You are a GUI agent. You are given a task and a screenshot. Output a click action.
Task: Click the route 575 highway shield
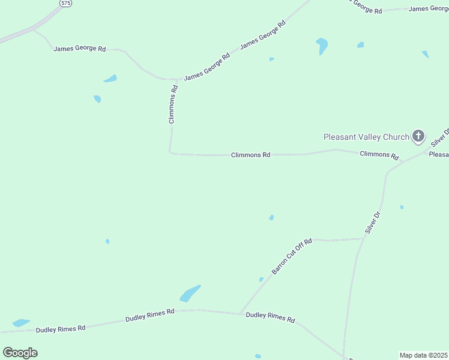pyautogui.click(x=65, y=3)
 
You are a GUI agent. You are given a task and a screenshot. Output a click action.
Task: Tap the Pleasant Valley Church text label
pyautogui.click(x=366, y=137)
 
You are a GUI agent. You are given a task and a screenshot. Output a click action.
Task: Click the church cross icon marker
pyautogui.click(x=418, y=136)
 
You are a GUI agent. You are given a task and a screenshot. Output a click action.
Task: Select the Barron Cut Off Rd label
pyautogui.click(x=292, y=257)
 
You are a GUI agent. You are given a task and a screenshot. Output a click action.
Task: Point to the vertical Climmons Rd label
pyautogui.click(x=173, y=104)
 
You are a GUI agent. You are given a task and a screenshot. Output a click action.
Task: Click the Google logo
pyautogui.click(x=20, y=353)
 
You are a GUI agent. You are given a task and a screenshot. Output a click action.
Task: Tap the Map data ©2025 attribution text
pyautogui.click(x=424, y=355)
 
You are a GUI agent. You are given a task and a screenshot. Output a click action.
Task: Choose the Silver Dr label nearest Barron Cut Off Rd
pyautogui.click(x=373, y=222)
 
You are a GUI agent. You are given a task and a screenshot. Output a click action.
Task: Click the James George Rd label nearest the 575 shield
pyautogui.click(x=79, y=48)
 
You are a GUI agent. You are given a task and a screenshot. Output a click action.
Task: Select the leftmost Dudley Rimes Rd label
pyautogui.click(x=61, y=329)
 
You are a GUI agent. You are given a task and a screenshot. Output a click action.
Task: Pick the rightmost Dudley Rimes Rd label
pyautogui.click(x=271, y=317)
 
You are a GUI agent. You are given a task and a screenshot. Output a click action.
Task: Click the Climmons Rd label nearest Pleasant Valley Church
pyautogui.click(x=379, y=155)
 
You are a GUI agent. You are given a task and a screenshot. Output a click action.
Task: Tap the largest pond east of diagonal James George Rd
pyautogui.click(x=322, y=45)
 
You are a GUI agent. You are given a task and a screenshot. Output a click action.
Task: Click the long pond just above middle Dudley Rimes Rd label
pyautogui.click(x=190, y=294)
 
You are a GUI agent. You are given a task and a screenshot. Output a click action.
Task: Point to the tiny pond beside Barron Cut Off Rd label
pyautogui.click(x=261, y=279)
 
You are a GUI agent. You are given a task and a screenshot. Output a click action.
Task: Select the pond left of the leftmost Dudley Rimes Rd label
pyautogui.click(x=21, y=323)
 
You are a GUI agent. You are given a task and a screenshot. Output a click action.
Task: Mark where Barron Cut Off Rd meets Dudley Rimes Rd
pyautogui.click(x=241, y=313)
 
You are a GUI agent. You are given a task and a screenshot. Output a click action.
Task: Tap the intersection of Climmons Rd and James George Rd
pyautogui.click(x=178, y=79)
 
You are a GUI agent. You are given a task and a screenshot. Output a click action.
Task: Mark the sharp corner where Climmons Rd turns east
pyautogui.click(x=171, y=152)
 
